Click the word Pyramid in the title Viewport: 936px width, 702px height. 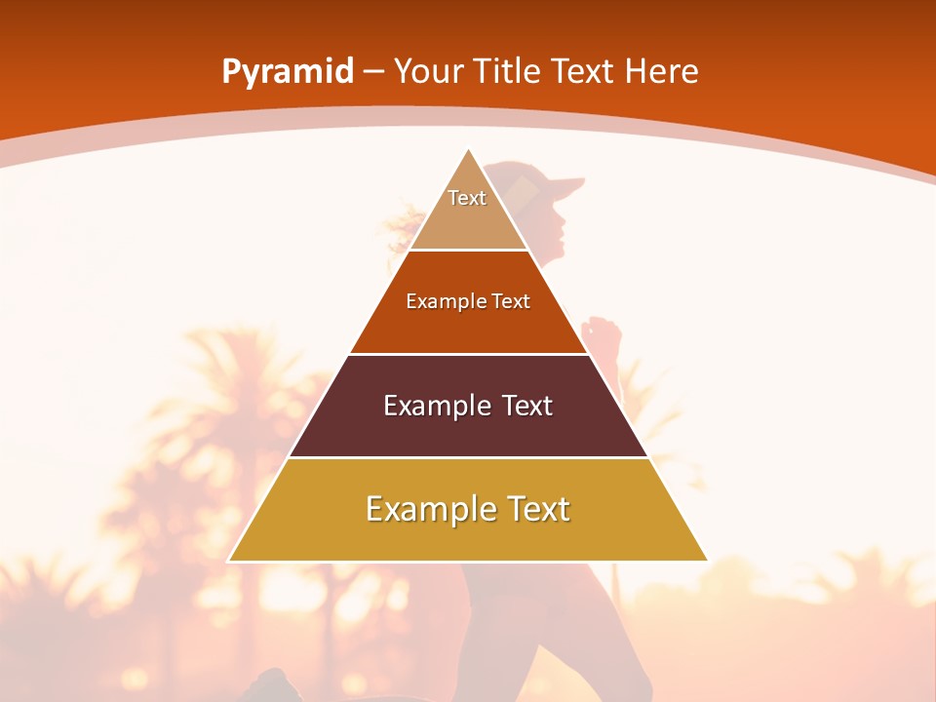click(x=288, y=72)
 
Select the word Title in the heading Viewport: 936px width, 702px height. click(x=508, y=71)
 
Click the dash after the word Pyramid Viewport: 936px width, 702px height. click(x=373, y=72)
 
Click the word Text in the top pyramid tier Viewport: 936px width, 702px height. click(x=467, y=198)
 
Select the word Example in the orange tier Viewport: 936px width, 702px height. click(x=442, y=301)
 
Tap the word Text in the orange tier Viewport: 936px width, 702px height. click(x=511, y=301)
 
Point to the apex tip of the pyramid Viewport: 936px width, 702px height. click(x=468, y=150)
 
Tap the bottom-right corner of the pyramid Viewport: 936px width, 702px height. click(x=706, y=560)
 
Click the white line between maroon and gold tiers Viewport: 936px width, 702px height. click(x=468, y=457)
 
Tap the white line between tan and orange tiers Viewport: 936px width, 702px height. click(x=468, y=250)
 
